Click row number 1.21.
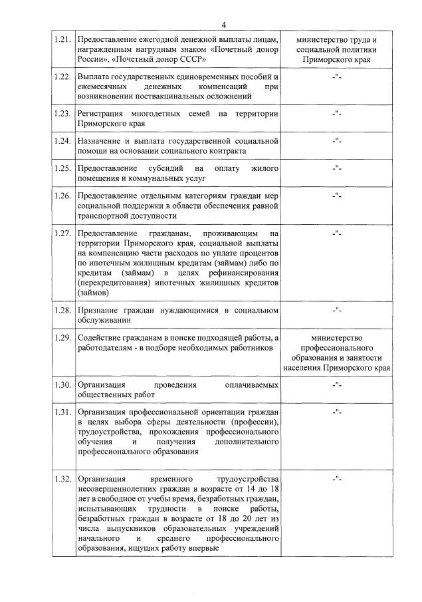(62, 41)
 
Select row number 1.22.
(62, 77)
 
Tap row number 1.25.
(62, 168)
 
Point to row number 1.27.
(62, 233)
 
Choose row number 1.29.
(62, 339)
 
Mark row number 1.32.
(62, 479)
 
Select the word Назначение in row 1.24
(103, 141)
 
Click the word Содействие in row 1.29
(102, 339)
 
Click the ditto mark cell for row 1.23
(337, 114)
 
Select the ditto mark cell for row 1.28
(337, 310)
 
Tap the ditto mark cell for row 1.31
(337, 413)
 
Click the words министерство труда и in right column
(337, 41)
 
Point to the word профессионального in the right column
(337, 348)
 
